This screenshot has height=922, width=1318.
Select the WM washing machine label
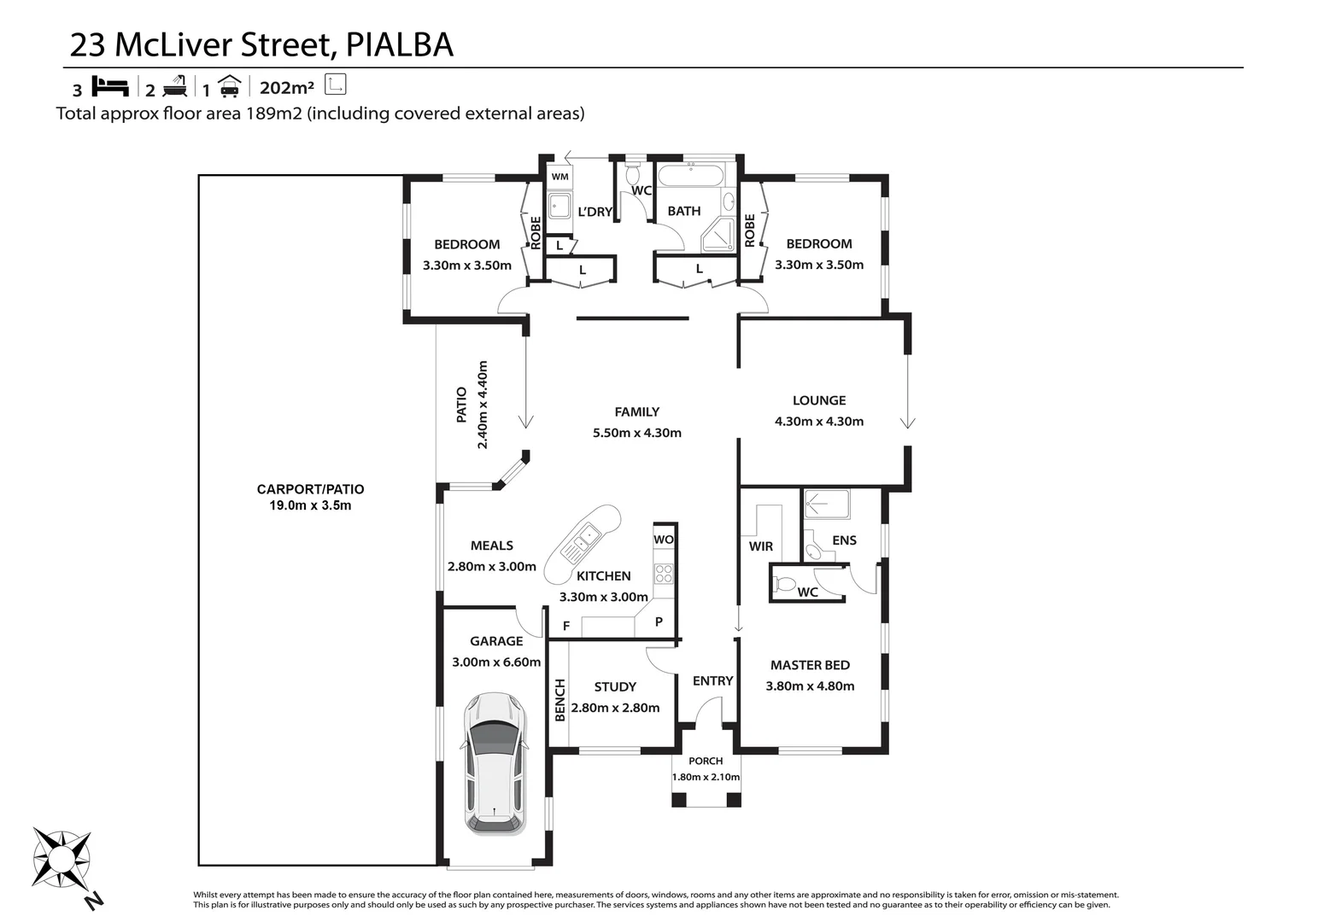tap(559, 177)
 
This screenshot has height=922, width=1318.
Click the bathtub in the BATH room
tap(691, 178)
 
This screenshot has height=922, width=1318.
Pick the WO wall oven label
tap(664, 540)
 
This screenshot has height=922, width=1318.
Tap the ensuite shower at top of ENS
tap(827, 504)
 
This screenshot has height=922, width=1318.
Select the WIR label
tap(760, 546)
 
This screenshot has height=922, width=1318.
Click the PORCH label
tap(706, 761)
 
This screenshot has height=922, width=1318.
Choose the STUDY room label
tap(615, 686)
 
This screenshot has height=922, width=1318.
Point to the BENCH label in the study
tap(560, 700)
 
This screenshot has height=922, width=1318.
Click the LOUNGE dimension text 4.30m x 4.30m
tap(818, 421)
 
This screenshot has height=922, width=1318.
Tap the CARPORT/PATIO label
tap(310, 489)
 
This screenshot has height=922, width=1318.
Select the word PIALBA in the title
tap(399, 45)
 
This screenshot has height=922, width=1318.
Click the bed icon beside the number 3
tap(109, 86)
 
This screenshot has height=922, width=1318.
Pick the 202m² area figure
tap(287, 87)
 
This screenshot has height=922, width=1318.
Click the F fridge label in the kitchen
tap(566, 627)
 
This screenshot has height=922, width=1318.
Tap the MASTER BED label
tap(810, 665)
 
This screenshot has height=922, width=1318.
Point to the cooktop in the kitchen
tap(664, 573)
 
